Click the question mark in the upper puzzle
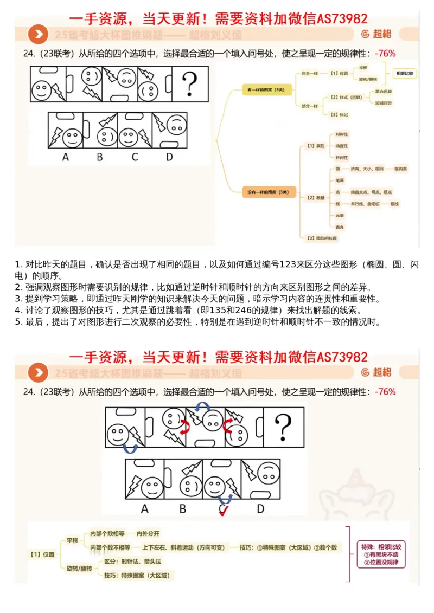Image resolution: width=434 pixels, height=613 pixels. (189, 85)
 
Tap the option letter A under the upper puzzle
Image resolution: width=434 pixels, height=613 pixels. (66, 157)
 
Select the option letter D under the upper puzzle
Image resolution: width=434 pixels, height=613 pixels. (169, 157)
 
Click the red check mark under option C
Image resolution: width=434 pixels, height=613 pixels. (222, 510)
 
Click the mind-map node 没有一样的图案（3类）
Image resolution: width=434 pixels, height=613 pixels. (264, 192)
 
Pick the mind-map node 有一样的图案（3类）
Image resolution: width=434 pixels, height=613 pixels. (264, 89)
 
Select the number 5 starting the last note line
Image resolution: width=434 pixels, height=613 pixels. (17, 322)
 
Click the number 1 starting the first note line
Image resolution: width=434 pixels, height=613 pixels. (17, 265)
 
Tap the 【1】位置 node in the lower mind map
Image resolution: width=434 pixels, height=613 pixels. (42, 554)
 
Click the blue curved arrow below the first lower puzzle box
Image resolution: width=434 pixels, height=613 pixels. (129, 448)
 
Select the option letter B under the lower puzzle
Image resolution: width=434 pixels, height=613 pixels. (183, 509)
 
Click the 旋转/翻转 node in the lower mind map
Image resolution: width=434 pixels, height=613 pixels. (79, 568)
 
